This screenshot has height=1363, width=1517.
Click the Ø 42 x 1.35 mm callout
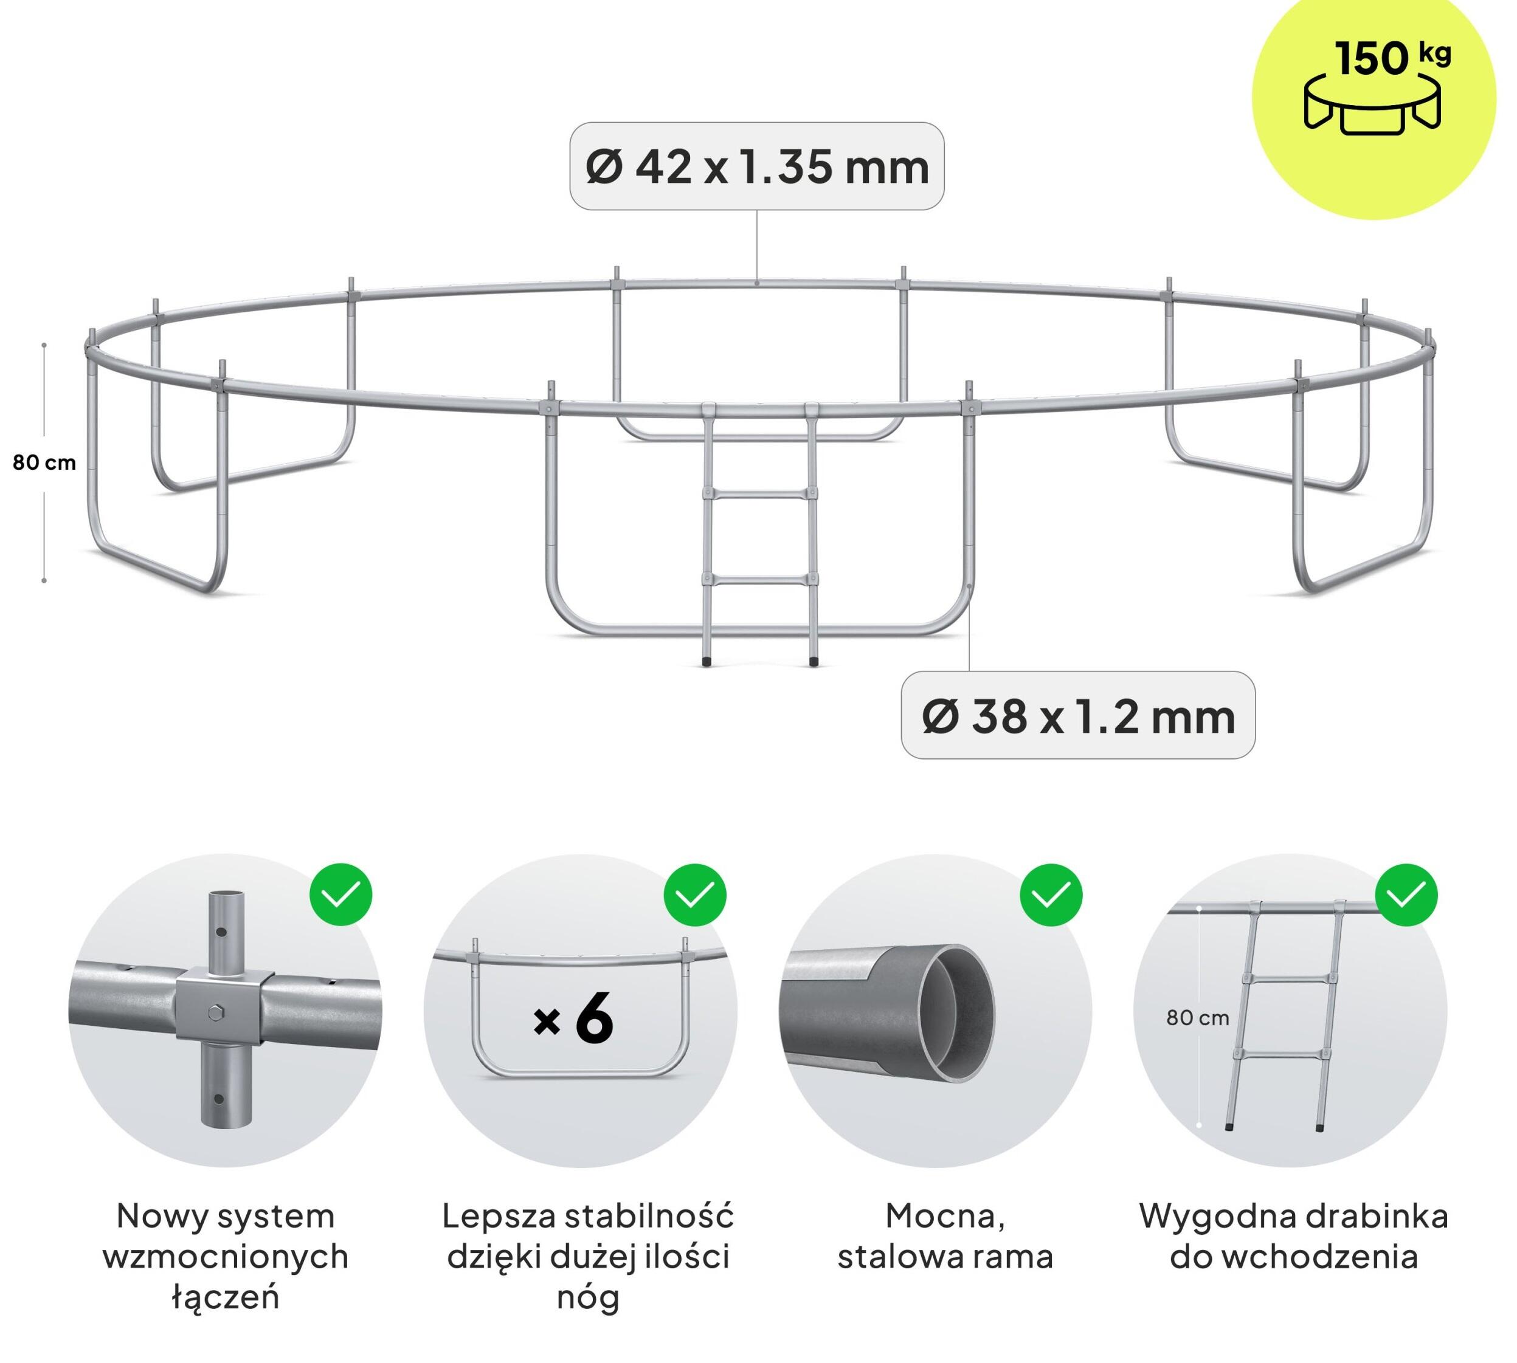point(756,167)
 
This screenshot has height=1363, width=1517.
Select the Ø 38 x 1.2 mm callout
point(1077,715)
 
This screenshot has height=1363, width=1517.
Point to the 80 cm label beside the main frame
point(44,463)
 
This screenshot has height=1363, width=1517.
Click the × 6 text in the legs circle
point(573,1018)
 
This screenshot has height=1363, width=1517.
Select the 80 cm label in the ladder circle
point(1197,1018)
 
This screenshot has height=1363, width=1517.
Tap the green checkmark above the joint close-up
point(341,895)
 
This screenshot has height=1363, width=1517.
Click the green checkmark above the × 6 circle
point(695,895)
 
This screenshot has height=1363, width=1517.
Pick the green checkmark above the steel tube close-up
point(1051,895)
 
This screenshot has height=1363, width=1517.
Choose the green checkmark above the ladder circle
point(1406,895)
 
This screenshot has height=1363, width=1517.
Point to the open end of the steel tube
point(956,1013)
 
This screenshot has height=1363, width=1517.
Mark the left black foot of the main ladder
point(707,661)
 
